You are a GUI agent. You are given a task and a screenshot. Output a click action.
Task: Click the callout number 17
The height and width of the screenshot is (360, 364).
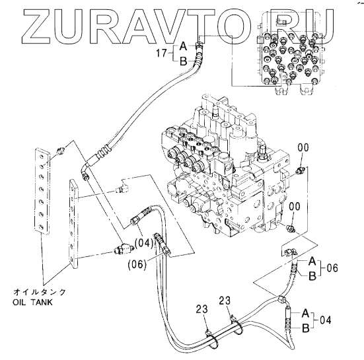(x=162, y=54)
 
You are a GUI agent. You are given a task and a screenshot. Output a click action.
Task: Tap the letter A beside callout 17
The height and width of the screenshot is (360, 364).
(x=184, y=46)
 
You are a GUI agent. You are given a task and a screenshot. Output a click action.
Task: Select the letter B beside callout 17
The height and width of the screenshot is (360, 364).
(x=184, y=61)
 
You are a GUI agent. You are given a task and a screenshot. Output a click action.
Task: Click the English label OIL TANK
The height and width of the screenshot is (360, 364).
(x=32, y=303)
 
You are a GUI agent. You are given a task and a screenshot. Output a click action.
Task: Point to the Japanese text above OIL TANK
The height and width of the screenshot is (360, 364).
(x=40, y=292)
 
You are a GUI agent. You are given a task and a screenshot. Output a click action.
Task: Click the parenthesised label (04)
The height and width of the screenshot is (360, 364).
(x=144, y=244)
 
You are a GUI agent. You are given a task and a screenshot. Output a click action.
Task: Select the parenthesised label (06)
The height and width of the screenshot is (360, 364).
(x=137, y=264)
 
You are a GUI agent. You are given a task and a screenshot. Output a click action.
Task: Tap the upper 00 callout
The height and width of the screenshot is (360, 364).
(x=303, y=147)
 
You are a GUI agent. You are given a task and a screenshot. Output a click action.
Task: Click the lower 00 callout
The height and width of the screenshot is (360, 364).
(x=295, y=206)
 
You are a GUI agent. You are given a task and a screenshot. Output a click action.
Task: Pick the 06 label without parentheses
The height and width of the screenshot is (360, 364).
(x=332, y=268)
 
